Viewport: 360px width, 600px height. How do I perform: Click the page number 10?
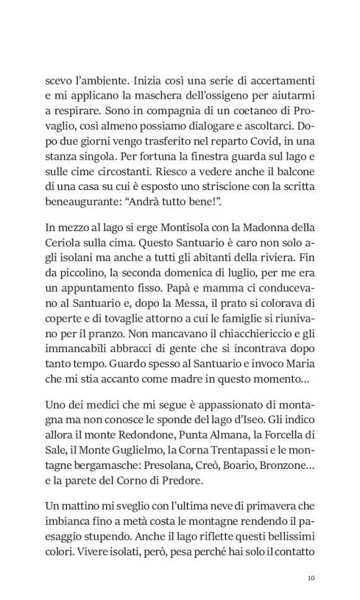312,578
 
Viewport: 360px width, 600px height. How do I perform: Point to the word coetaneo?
245,112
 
